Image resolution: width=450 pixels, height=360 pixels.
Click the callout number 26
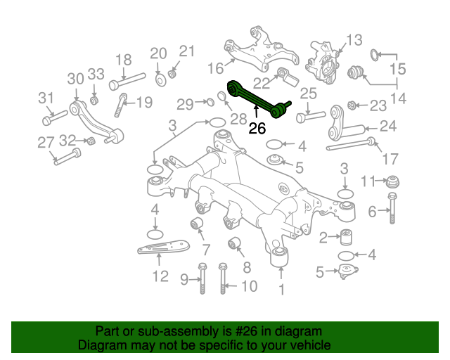point(257,128)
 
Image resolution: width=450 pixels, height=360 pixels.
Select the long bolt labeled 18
point(127,82)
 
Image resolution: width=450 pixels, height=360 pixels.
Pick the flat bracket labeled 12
point(162,250)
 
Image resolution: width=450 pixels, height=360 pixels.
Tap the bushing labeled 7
point(198,224)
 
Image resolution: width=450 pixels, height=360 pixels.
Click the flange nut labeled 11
point(392,181)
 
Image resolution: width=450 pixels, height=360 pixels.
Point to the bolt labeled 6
point(393,209)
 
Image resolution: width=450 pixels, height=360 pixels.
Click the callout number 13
point(353,39)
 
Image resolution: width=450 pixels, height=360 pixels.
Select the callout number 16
point(215,69)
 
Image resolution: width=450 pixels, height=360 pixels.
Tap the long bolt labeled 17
point(352,147)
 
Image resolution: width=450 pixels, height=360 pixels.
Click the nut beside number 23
point(354,106)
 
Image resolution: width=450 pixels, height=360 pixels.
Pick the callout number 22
point(261,82)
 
